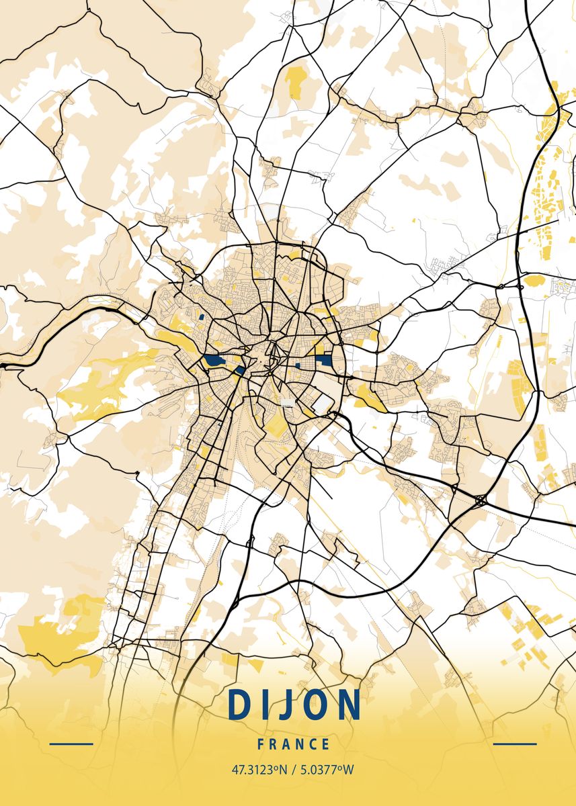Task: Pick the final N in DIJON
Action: coord(347,705)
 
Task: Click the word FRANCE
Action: coord(293,744)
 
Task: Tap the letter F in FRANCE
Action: coord(260,744)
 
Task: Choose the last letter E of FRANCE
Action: coord(326,744)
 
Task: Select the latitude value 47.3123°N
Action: coord(257,770)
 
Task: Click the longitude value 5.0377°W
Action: coord(325,770)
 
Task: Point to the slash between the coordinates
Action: coord(291,770)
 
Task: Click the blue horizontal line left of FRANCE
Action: coord(71,744)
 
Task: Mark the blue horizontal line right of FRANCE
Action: coord(515,744)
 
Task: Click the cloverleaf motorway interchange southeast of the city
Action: coord(481,500)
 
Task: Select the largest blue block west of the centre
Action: coord(214,361)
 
